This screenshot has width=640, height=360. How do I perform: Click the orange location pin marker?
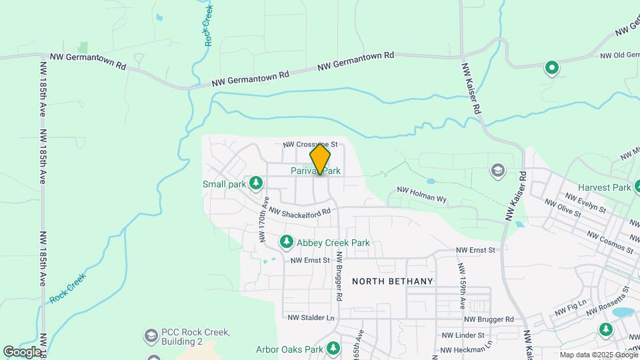(320, 159)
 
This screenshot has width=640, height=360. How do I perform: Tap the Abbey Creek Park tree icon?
(287, 241)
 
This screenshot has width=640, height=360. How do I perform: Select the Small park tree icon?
(255, 183)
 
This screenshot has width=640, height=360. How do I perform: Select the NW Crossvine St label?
(310, 144)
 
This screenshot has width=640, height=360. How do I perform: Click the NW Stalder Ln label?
(311, 318)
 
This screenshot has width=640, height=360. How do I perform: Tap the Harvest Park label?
(605, 187)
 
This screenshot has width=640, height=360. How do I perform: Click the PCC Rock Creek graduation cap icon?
(151, 335)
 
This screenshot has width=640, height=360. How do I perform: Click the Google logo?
(22, 351)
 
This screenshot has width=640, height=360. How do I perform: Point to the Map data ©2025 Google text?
(598, 355)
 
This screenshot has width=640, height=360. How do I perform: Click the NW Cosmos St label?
(610, 242)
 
